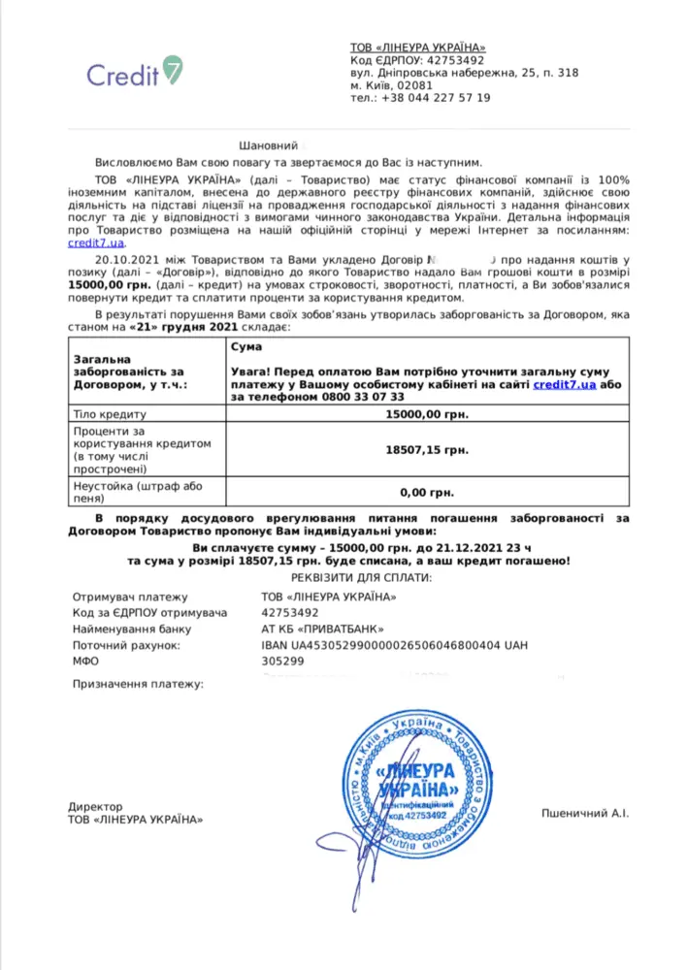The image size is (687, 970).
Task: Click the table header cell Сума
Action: tap(246, 345)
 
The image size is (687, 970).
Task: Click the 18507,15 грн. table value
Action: tap(427, 449)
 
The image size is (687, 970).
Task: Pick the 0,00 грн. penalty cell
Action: tap(427, 493)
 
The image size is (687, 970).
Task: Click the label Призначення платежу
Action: tap(138, 685)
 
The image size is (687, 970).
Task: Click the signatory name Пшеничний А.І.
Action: tap(584, 813)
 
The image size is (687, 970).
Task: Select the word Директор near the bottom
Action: tap(96, 806)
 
